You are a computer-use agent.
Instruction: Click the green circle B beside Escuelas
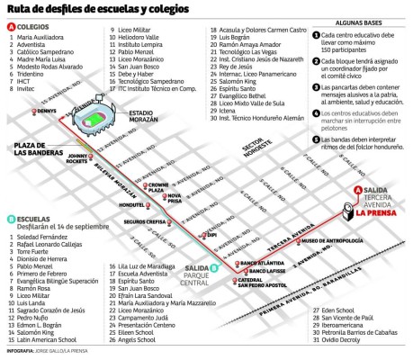(x=10, y=219)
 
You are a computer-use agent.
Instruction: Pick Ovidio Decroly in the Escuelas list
(x=337, y=341)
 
